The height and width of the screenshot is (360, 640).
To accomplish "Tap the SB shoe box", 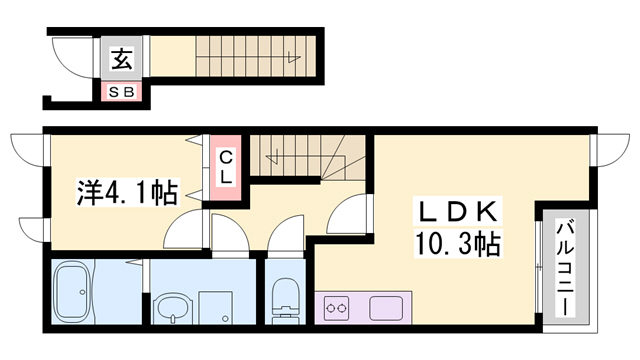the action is pos(122,92).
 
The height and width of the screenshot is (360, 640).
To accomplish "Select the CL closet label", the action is pos(226,167).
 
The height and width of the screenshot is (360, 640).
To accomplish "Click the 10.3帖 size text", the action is pos(459,242).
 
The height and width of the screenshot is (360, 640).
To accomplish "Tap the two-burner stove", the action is pos(336,308).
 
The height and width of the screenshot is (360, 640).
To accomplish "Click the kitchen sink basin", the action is pos(386,308).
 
